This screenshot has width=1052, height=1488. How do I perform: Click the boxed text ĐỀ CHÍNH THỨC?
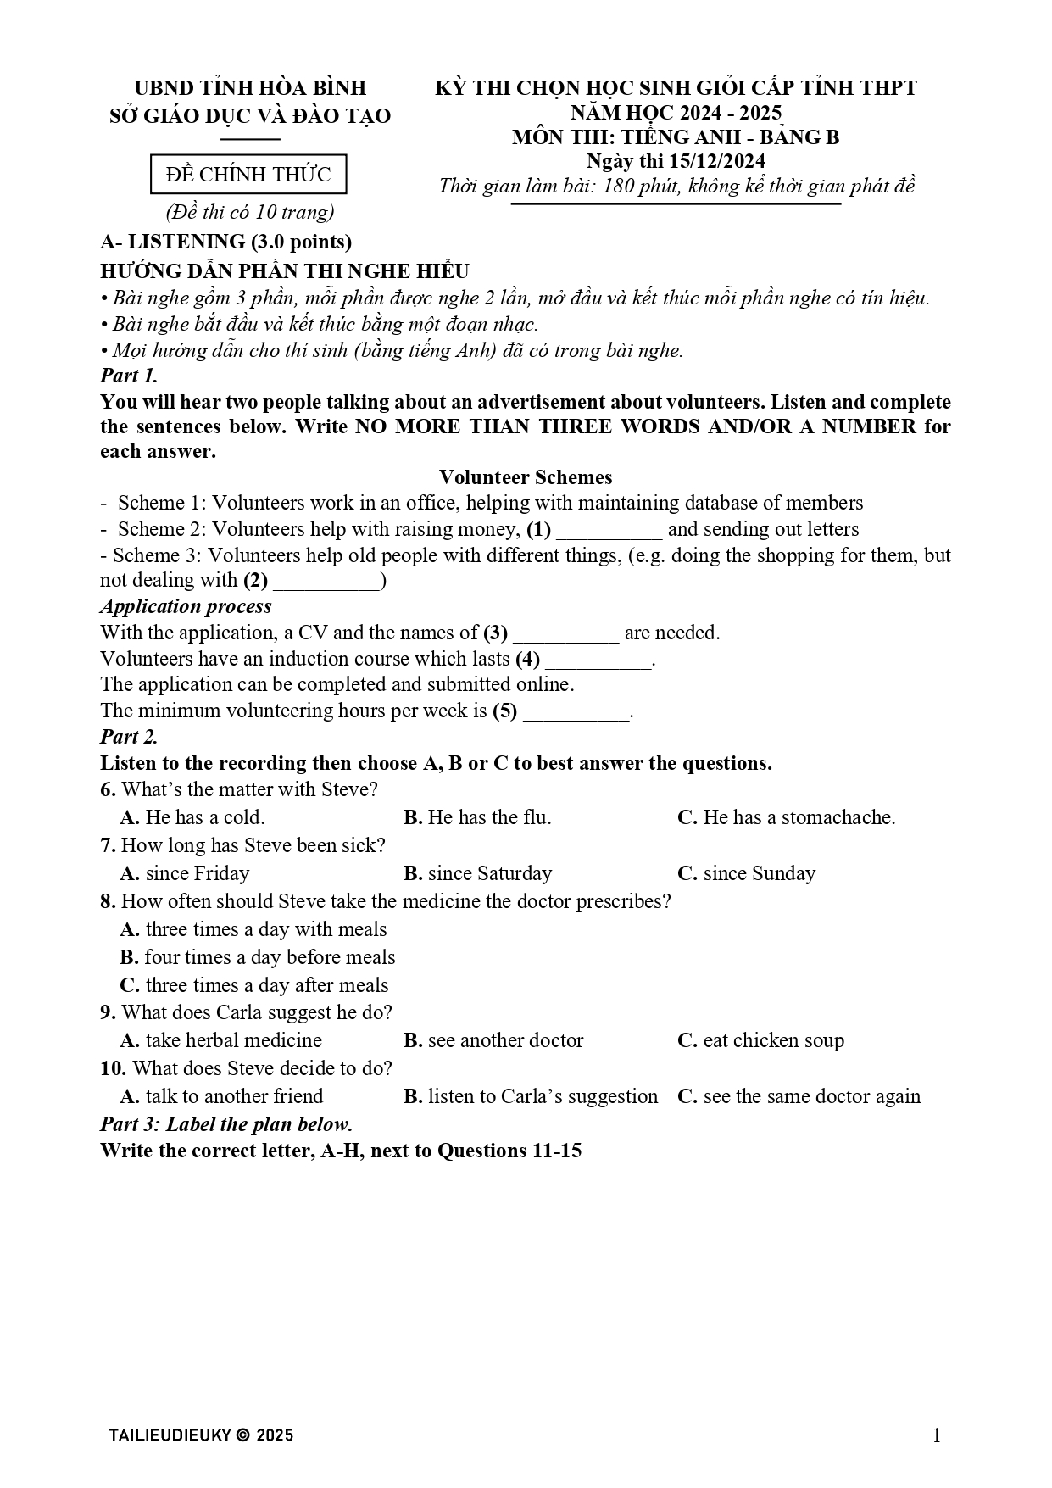coord(248,175)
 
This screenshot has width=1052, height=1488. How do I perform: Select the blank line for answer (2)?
coord(326,582)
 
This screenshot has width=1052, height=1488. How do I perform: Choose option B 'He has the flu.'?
coord(477,817)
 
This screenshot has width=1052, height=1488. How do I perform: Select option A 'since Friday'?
coord(185,873)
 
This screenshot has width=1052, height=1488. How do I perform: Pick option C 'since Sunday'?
coord(746,873)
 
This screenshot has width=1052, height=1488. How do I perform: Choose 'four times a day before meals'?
coord(258,957)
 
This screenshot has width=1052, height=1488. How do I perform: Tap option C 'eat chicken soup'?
coord(760,1040)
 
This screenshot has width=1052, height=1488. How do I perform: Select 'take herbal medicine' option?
coord(221,1040)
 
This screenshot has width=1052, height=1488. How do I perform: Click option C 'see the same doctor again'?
coord(799,1096)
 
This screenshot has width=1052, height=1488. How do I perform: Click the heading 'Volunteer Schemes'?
coord(526,477)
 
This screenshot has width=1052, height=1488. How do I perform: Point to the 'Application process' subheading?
coord(186,606)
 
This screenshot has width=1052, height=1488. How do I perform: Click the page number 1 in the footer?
coord(936,1435)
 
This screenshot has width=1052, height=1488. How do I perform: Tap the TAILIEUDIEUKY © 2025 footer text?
coord(201,1435)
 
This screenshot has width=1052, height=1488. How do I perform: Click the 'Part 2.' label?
coord(129,736)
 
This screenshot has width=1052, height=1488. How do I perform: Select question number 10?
coord(113,1068)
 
